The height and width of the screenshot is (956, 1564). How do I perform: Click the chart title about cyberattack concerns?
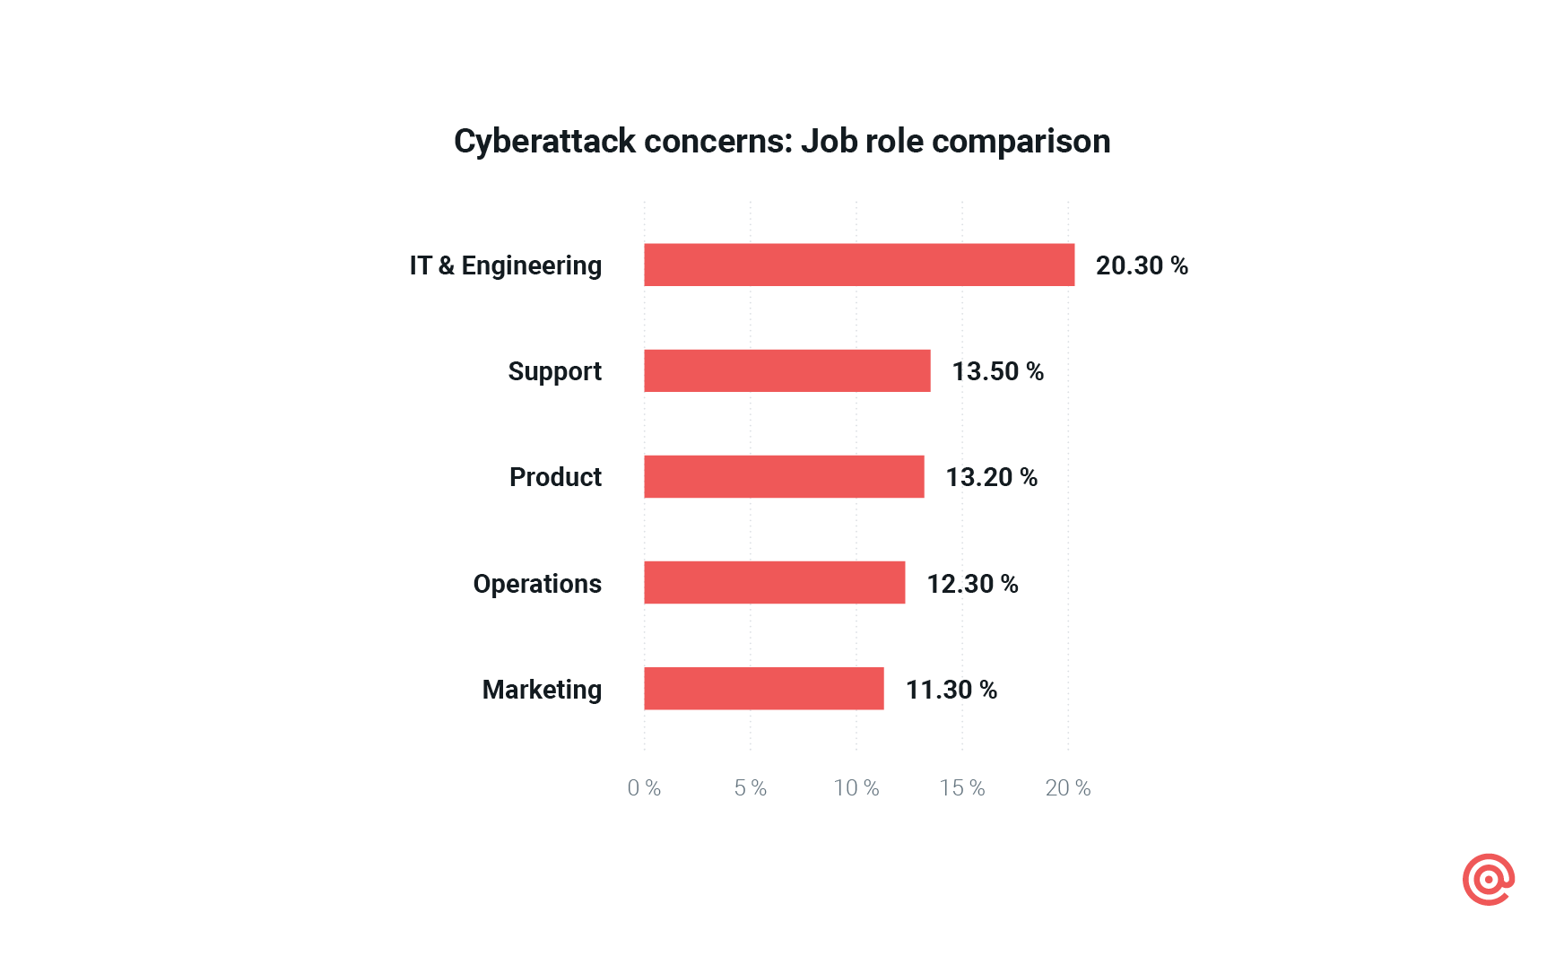tap(782, 142)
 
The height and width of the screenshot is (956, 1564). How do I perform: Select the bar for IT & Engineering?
tap(858, 265)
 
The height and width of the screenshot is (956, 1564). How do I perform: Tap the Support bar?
tap(786, 370)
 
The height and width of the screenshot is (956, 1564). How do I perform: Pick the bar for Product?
tap(784, 476)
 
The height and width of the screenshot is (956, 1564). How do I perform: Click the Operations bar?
tap(774, 582)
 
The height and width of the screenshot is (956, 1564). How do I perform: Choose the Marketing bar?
tap(763, 688)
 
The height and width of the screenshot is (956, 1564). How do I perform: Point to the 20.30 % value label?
tap(1142, 265)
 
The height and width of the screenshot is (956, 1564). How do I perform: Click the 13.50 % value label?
tap(997, 371)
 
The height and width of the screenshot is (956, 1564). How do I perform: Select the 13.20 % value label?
tap(991, 477)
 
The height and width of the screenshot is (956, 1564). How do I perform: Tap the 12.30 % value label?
tap(972, 584)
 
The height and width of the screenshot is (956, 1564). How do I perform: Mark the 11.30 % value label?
tap(951, 690)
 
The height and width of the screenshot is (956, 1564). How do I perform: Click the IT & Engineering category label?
tap(505, 265)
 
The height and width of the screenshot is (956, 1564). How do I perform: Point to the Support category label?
tap(554, 371)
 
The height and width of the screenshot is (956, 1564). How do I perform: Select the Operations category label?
tap(537, 584)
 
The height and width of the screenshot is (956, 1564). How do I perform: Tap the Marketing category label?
tap(542, 690)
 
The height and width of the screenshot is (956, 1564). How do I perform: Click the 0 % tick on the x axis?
tap(644, 788)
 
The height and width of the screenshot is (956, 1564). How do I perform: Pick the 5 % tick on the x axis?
tap(750, 788)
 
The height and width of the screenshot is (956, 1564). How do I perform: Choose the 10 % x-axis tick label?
tap(856, 788)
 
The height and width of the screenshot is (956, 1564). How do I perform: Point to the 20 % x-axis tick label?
tap(1067, 788)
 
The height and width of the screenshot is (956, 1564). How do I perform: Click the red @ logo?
tap(1488, 880)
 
